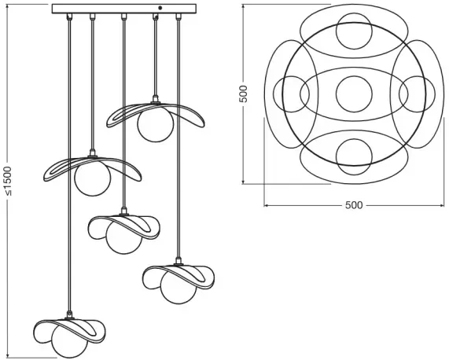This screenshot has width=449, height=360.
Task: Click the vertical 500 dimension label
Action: [x=243, y=94]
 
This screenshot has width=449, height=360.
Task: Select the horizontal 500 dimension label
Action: [x=354, y=205]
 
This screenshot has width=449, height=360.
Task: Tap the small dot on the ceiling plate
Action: [x=160, y=8]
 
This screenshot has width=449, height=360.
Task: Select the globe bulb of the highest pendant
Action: [x=155, y=124]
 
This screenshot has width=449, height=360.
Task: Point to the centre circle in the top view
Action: [x=354, y=94]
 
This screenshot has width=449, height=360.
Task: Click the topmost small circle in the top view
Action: [x=354, y=31]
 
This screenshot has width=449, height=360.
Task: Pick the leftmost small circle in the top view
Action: [x=291, y=94]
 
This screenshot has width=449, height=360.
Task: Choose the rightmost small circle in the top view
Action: [x=417, y=94]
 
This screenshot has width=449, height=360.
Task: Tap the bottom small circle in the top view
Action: [x=354, y=156]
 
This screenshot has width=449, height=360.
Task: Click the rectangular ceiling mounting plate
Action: [x=124, y=9]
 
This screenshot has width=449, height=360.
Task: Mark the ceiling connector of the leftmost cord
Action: [x=69, y=17]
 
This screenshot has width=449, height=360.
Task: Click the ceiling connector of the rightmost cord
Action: [x=178, y=17]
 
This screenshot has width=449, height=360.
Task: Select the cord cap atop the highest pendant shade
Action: [x=156, y=99]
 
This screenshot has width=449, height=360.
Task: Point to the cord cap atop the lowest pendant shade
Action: [x=69, y=314]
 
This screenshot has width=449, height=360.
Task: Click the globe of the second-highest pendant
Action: [x=92, y=178]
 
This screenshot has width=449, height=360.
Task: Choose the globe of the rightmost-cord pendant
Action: [x=178, y=288]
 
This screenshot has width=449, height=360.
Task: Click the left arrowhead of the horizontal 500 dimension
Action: [x=266, y=205]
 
